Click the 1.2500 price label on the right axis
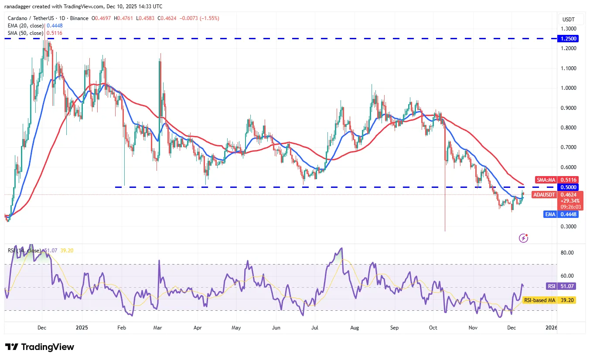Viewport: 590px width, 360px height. [x=568, y=39]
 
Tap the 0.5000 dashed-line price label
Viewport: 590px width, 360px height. [x=568, y=187]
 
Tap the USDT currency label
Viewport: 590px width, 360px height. [x=568, y=19]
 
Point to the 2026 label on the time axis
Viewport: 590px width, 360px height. [x=551, y=327]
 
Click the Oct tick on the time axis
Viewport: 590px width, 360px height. [x=433, y=327]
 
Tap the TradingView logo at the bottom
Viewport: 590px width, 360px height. [x=40, y=347]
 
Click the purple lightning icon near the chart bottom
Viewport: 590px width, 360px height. [x=524, y=238]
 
